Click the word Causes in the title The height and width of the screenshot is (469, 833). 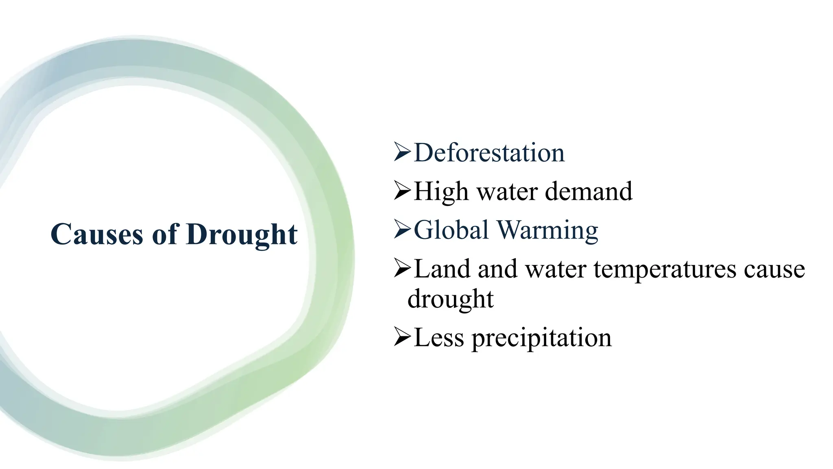coord(97,234)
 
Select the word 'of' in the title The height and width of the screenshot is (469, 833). coord(166,234)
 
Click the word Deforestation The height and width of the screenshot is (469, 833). coord(489,153)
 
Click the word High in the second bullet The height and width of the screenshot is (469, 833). coord(441,192)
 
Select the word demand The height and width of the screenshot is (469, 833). coord(588,191)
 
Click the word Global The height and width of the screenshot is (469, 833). coord(451,230)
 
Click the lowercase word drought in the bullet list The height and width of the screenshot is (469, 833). coord(450,299)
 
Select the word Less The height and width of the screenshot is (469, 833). coord(438,338)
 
